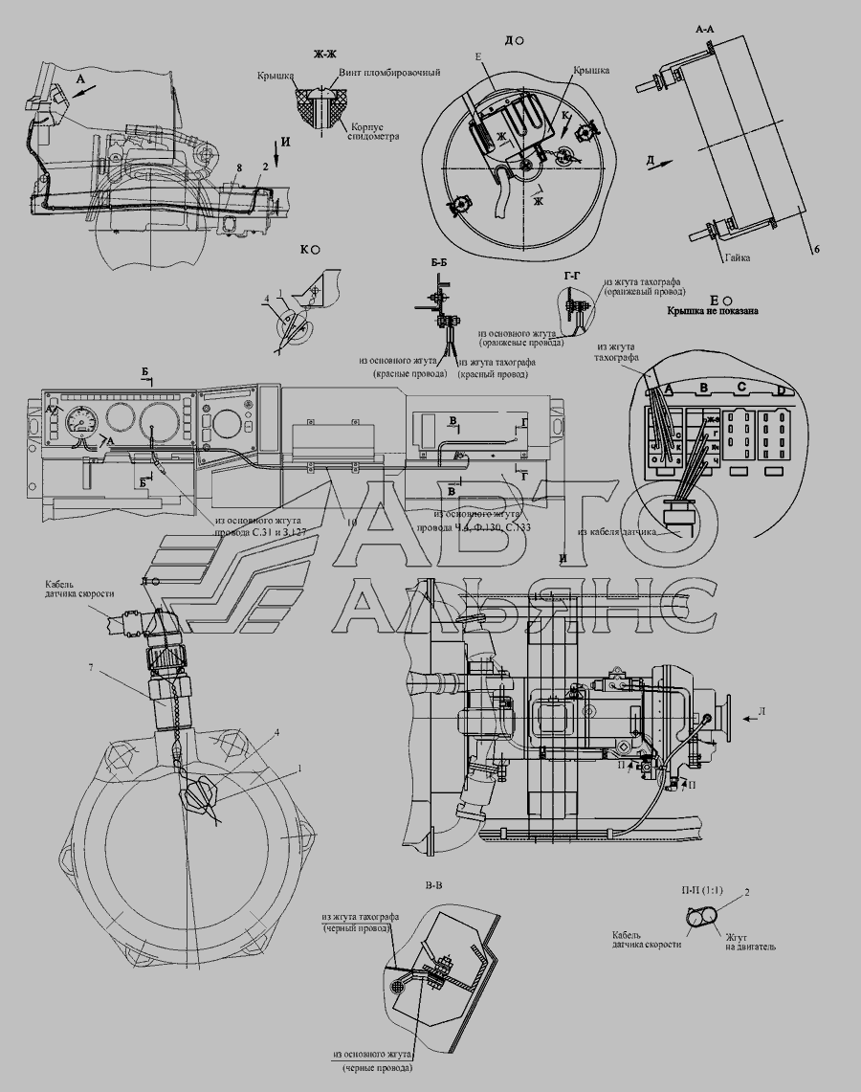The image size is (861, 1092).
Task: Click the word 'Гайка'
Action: tap(737, 257)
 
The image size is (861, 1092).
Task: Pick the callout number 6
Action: tap(816, 250)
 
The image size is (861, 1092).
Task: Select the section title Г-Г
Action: tap(573, 276)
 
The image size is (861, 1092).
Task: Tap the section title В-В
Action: tap(433, 885)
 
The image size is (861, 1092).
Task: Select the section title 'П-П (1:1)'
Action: tap(701, 891)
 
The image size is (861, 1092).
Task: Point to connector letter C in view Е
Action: tap(741, 388)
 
